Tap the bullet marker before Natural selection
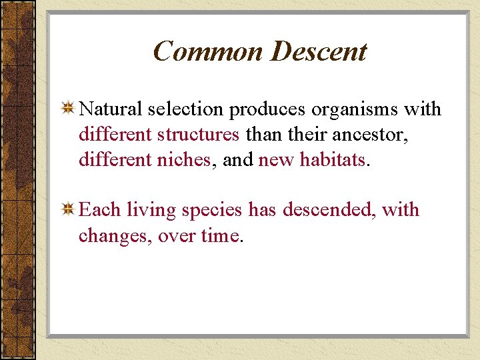pos(67,108)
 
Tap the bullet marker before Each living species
pos(67,210)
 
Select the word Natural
pos(110,109)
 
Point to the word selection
pos(185,109)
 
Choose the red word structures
pos(198,134)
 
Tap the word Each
pos(100,210)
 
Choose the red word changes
pos(114,236)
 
